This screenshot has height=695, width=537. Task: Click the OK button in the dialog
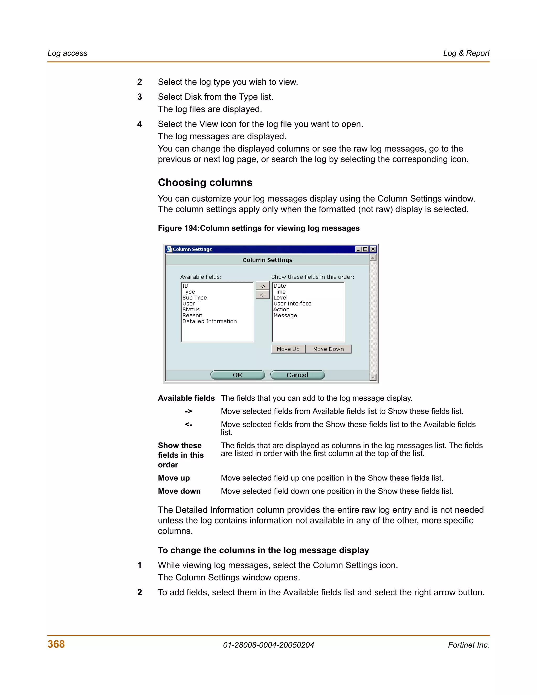(x=237, y=375)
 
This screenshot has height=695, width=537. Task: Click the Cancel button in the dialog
(x=297, y=375)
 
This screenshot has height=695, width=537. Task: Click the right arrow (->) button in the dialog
(x=262, y=286)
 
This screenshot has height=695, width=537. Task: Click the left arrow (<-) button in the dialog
(x=262, y=295)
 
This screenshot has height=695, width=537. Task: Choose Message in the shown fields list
(x=285, y=315)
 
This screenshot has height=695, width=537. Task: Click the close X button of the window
(x=373, y=249)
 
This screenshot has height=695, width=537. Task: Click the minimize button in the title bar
(x=358, y=249)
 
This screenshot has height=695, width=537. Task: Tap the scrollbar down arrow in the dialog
(x=373, y=377)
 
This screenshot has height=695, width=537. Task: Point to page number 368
(x=56, y=644)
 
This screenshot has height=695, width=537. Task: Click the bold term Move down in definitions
(x=179, y=491)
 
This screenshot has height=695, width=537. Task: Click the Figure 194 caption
(x=258, y=228)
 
